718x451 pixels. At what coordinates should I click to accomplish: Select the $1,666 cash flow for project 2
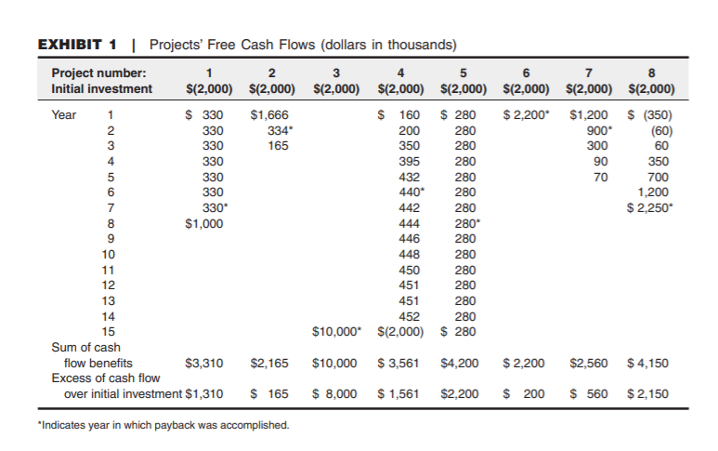269,116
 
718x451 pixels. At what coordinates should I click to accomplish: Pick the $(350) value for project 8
650,116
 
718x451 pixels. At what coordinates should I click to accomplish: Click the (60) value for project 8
658,130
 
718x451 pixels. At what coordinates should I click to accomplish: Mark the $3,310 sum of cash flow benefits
203,364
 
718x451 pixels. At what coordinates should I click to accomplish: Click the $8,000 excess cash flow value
335,394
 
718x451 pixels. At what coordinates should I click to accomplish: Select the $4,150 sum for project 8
648,364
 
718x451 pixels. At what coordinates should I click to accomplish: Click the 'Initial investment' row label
102,89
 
